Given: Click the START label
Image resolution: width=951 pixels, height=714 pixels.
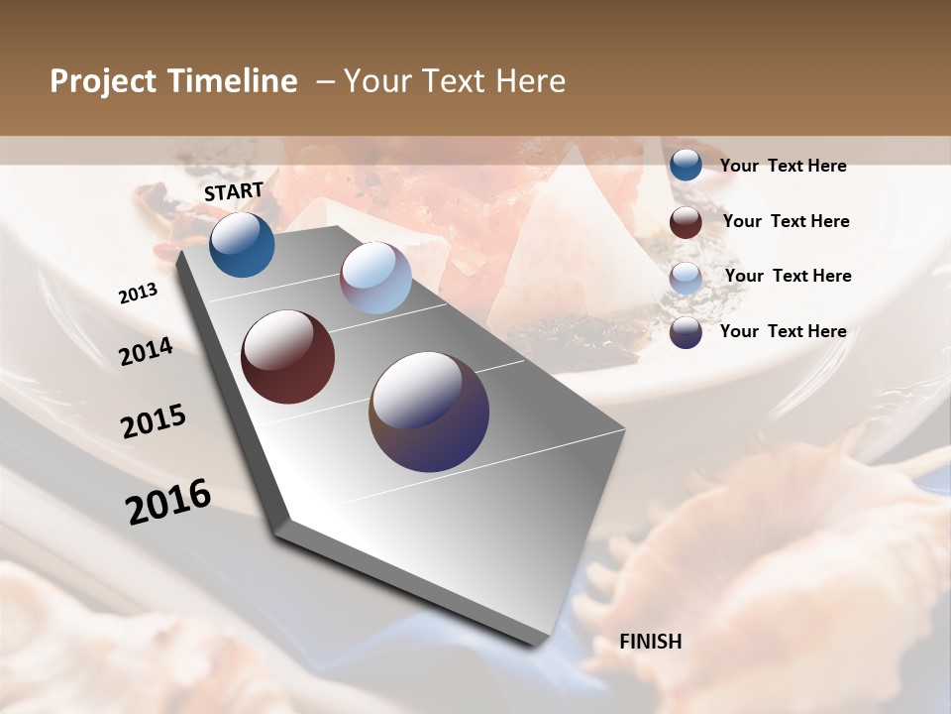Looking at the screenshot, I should point(234,191).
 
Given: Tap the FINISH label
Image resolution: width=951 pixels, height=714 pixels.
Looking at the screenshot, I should point(650,642).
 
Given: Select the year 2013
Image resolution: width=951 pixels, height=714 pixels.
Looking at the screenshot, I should point(139,294).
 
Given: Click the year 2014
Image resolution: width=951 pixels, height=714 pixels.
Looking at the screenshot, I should point(147,351).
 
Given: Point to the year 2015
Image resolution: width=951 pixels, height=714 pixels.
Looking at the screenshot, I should point(154,421).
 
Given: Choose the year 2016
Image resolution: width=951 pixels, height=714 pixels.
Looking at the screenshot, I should point(168,502).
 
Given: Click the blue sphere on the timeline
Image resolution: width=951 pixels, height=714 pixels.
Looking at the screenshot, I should point(242,245).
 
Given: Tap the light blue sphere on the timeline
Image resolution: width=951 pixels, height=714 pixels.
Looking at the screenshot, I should point(375,278).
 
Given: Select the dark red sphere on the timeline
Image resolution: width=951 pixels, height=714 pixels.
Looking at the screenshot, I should point(287,357).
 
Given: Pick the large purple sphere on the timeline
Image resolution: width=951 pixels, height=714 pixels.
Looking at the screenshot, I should point(429,412).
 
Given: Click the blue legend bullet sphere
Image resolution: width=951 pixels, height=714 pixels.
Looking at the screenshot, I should point(686,166).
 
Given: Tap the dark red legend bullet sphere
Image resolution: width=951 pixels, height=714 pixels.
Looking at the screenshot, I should point(686,221).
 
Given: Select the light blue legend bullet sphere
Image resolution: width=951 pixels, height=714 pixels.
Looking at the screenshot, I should point(686,277).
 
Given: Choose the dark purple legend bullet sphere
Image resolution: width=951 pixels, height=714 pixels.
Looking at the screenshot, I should point(686,332).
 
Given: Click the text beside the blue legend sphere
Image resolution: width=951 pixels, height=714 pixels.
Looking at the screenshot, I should point(783,166).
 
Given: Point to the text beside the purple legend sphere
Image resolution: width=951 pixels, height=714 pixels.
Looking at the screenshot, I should point(783,331).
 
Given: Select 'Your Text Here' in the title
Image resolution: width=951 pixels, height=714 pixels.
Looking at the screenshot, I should point(454,81).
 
